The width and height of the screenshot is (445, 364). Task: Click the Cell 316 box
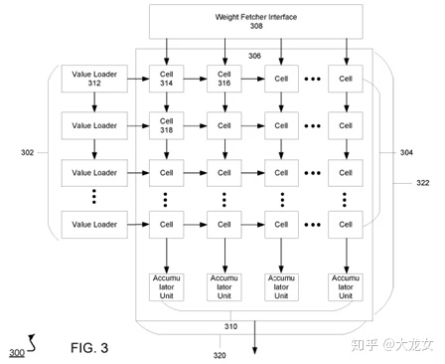[x=225, y=77]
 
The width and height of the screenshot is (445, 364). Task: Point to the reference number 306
[x=254, y=58]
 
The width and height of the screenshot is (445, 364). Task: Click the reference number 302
[x=27, y=152]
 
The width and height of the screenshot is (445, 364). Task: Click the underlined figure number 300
[x=17, y=353]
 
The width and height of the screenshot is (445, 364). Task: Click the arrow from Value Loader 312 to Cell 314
[x=134, y=77]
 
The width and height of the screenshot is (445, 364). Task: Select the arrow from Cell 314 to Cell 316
[x=196, y=77]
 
